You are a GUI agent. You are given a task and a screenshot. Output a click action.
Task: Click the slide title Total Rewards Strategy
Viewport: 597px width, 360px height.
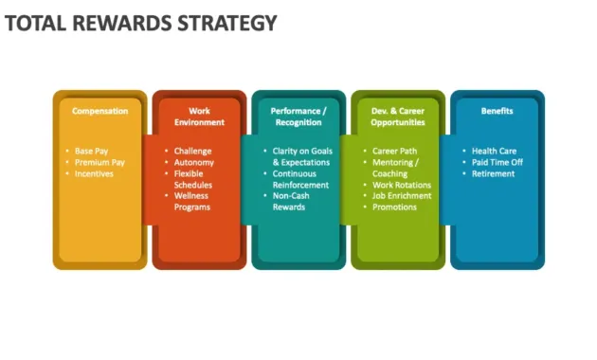click(141, 22)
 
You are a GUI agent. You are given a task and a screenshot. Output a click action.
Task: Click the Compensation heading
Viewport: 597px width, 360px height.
click(99, 111)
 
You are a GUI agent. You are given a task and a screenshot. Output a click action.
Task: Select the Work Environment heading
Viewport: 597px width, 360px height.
click(199, 117)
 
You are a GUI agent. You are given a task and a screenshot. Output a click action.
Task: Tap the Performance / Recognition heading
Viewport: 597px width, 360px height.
click(298, 117)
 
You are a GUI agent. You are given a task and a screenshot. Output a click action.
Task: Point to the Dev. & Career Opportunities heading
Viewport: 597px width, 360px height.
click(398, 117)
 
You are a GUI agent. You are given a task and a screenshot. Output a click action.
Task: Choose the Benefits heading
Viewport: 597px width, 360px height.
click(497, 111)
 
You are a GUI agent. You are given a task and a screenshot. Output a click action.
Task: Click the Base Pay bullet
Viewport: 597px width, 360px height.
click(92, 151)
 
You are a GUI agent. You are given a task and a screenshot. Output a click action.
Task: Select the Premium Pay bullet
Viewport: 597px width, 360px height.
click(99, 162)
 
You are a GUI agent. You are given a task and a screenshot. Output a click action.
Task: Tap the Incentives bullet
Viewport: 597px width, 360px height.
click(95, 173)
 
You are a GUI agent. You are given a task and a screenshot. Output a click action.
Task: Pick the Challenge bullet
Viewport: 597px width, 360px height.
click(192, 151)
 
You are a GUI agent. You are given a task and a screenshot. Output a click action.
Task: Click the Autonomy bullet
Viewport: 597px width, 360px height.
click(194, 162)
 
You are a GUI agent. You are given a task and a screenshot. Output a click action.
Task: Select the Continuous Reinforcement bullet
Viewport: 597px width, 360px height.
click(300, 179)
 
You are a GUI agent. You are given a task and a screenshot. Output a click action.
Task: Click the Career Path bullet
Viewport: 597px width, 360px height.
click(395, 151)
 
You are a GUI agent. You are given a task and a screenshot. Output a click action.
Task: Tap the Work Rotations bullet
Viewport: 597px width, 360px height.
click(402, 185)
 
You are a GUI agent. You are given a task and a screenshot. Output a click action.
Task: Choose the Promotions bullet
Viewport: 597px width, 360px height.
click(394, 207)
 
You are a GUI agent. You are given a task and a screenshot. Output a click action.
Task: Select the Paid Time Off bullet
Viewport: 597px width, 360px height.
click(497, 162)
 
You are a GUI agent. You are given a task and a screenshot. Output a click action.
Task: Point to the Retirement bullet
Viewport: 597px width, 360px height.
click(493, 173)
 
